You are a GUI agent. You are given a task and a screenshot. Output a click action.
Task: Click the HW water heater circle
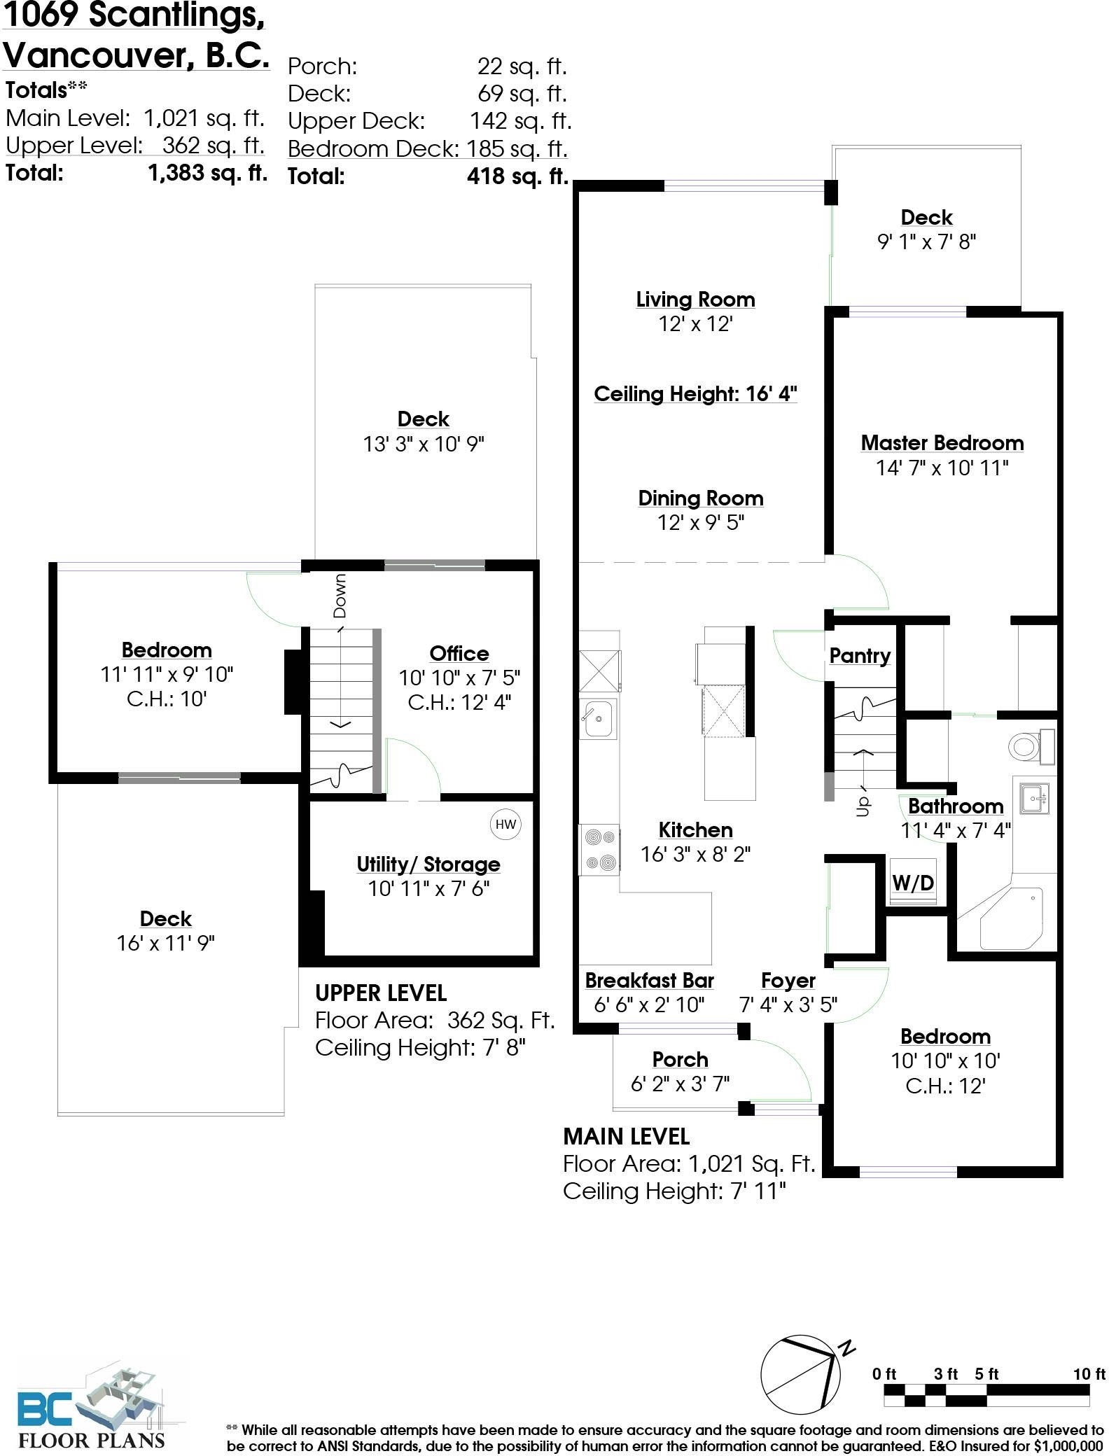505,824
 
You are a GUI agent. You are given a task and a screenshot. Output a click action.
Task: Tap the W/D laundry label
913,883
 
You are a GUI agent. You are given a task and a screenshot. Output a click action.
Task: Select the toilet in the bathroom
1032,746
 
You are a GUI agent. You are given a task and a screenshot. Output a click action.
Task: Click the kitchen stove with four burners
599,849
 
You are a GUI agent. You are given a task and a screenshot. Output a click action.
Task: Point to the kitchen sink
597,718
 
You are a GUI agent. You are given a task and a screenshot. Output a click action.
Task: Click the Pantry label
860,656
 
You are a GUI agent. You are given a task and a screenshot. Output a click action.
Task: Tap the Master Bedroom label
942,442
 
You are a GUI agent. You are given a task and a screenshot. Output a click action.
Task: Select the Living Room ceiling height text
695,394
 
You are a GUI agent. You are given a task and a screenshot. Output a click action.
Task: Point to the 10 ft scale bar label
1089,1374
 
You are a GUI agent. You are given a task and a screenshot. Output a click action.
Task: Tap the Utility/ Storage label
428,864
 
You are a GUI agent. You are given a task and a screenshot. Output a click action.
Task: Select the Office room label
459,653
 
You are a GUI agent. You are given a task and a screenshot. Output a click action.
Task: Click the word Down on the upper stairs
340,596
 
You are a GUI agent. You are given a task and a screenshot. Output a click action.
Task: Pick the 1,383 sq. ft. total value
208,172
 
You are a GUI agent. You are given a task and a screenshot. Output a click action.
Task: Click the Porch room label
680,1059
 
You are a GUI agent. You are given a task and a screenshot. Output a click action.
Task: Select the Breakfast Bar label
649,980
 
